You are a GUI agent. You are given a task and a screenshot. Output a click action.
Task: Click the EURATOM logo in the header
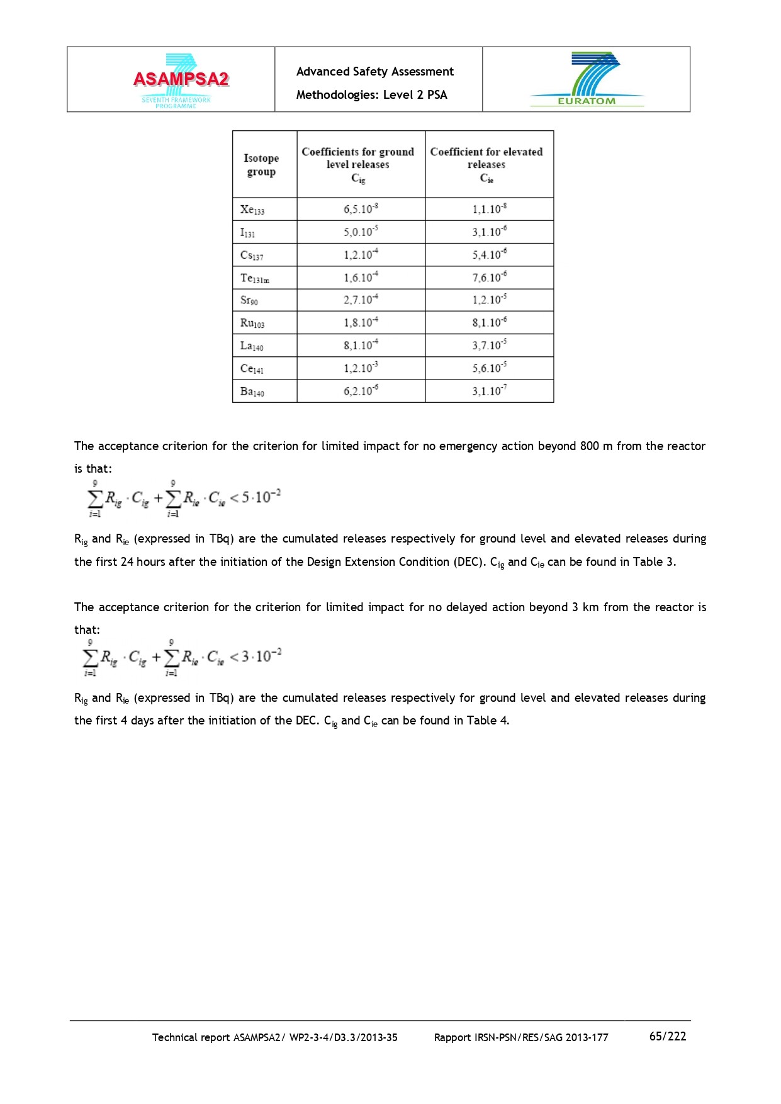(x=587, y=79)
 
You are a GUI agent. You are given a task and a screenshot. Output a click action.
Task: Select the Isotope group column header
(x=261, y=165)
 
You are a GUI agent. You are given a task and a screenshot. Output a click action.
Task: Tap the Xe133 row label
(x=252, y=210)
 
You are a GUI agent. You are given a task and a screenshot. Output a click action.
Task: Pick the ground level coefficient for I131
(x=361, y=232)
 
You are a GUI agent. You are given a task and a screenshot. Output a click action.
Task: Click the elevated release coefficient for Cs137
(x=490, y=254)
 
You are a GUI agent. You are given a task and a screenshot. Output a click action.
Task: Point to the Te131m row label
(x=255, y=278)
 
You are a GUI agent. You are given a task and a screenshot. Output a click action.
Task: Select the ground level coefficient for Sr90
(x=361, y=300)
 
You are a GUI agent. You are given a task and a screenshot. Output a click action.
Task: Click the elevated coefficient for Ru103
(x=490, y=322)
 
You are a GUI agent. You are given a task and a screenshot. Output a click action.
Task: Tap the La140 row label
(x=252, y=346)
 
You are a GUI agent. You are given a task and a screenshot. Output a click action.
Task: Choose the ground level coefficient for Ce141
(x=361, y=368)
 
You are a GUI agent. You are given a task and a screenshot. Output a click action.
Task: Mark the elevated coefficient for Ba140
(x=490, y=391)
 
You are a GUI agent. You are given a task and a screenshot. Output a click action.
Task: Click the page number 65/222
(x=668, y=1036)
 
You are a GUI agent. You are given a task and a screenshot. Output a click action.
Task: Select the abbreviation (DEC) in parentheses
(x=469, y=561)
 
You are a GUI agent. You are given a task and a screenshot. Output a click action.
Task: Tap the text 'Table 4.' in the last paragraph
(x=488, y=721)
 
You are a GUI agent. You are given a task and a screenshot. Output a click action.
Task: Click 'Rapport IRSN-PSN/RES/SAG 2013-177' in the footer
(x=521, y=1037)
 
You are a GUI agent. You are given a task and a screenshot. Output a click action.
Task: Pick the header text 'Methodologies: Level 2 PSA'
(x=372, y=95)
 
